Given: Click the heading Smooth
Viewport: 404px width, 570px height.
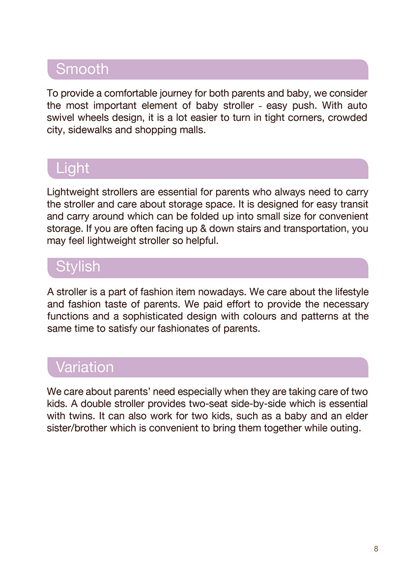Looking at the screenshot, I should click(82, 69).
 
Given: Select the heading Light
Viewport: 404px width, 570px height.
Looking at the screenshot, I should click(72, 168).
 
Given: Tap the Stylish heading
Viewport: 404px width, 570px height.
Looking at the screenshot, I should click(78, 267).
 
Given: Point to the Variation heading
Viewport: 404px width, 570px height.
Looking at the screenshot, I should click(85, 367).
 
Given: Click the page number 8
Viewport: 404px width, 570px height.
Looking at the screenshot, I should click(376, 549).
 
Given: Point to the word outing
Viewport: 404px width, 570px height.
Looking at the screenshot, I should click(346, 428).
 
